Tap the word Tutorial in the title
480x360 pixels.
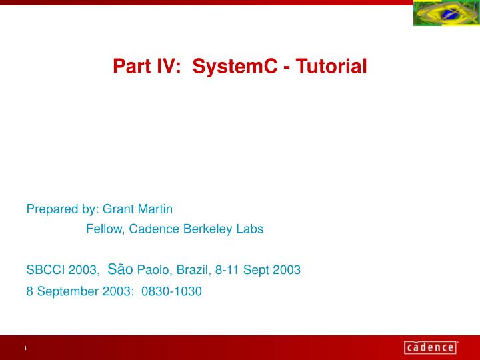click(331, 66)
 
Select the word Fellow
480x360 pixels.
click(105, 229)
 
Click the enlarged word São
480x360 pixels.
click(120, 269)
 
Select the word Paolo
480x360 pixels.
click(154, 270)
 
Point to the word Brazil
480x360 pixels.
click(194, 270)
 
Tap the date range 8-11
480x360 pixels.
click(227, 270)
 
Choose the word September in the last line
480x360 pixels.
click(67, 291)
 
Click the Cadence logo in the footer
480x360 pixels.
click(431, 347)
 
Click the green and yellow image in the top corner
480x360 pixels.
click(446, 13)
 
